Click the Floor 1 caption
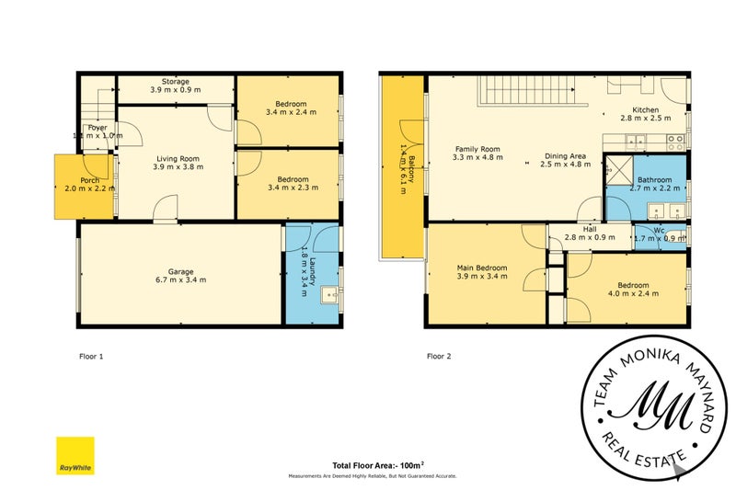point(90,355)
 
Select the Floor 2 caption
point(438,355)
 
